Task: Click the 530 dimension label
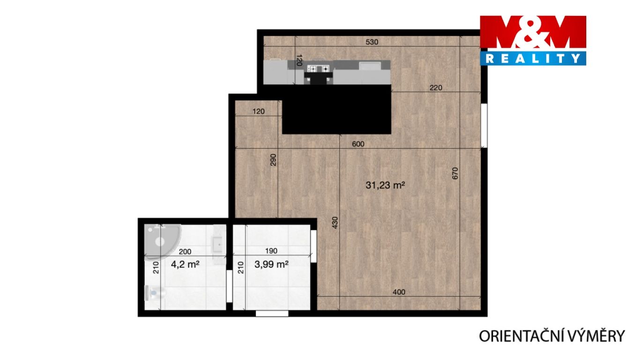372,42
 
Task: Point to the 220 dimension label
435,88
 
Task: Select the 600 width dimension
358,144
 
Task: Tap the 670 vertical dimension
455,173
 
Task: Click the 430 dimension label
335,222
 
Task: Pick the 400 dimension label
399,292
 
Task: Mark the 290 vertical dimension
273,160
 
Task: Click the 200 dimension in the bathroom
185,251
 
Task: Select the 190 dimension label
271,251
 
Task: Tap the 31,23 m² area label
385,185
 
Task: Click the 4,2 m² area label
185,264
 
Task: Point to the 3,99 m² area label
271,264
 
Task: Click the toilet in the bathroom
155,293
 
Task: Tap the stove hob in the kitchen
318,69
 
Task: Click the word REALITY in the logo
533,59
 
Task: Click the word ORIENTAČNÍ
523,336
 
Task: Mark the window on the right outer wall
484,125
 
